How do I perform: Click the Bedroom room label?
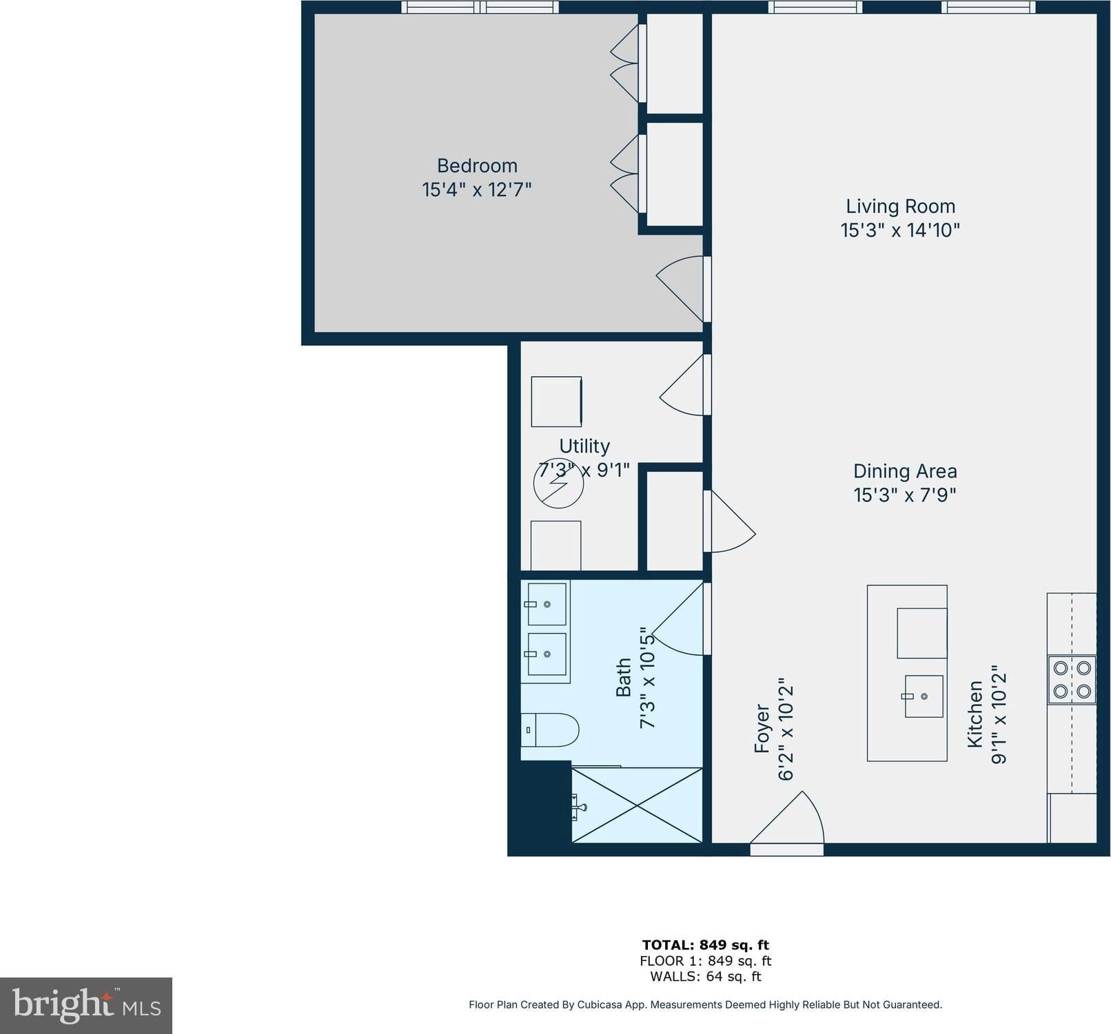(477, 166)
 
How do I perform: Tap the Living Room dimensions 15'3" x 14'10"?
(900, 230)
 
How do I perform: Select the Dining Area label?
(905, 471)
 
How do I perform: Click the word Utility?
(584, 446)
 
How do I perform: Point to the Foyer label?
(762, 728)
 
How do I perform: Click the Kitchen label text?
(975, 714)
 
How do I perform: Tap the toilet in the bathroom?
(549, 730)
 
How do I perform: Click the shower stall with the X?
(637, 805)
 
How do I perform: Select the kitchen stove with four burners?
(1072, 679)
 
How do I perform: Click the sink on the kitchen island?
(924, 696)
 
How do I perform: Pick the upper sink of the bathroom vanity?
(547, 604)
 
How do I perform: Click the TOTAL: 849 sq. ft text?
(705, 945)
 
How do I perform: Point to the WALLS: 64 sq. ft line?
(705, 977)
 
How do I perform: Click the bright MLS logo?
(86, 1005)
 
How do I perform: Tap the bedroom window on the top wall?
(480, 7)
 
